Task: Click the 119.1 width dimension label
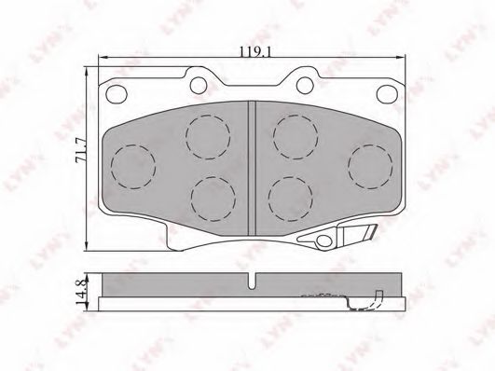pyautogui.click(x=255, y=51)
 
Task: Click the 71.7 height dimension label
pyautogui.click(x=80, y=150)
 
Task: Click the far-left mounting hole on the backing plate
pyautogui.click(x=117, y=94)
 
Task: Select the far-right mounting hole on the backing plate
pyautogui.click(x=387, y=94)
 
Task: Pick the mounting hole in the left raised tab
pyautogui.click(x=199, y=85)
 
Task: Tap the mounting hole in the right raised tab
pyautogui.click(x=305, y=85)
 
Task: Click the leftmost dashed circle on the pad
pyautogui.click(x=133, y=167)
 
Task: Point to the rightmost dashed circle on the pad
pyautogui.click(x=371, y=167)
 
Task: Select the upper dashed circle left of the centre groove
pyautogui.click(x=208, y=137)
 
